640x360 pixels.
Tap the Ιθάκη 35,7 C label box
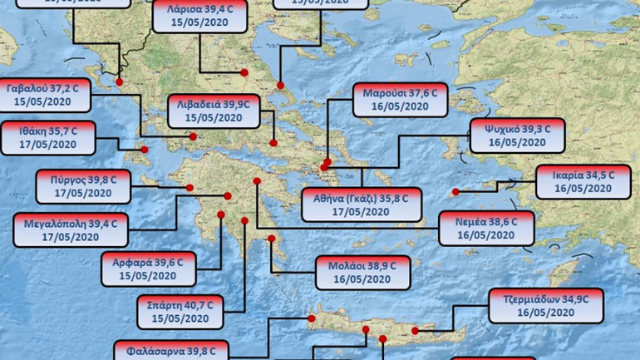coord(50,137)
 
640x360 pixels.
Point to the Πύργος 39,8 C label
coord(83,186)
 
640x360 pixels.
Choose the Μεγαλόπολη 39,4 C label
coord(71,230)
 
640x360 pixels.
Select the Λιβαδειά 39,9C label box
coord(214,111)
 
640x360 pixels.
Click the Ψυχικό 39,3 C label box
coord(517,135)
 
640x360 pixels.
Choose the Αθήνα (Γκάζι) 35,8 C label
coord(362,205)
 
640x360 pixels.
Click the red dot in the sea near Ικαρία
coord(455,193)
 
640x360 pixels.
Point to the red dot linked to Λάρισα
coord(245,72)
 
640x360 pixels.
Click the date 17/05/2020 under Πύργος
coord(83,194)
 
